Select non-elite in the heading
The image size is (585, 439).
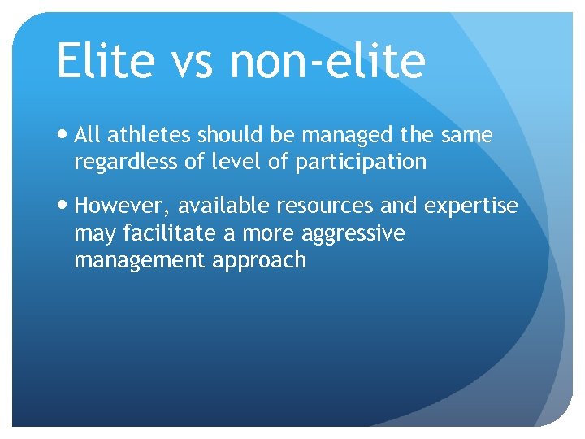point(327,62)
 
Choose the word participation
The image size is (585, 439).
point(361,163)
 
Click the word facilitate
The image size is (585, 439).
point(170,233)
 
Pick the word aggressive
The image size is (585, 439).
point(353,234)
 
